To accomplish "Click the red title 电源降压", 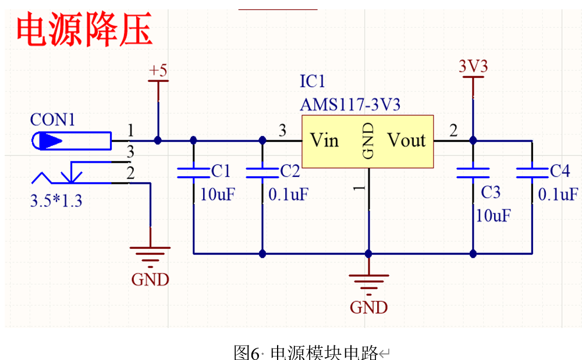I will click(84, 31).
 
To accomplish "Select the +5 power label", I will click(158, 71).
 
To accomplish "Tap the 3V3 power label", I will click(473, 66).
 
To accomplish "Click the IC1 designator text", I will click(312, 81).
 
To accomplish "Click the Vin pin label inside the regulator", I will click(324, 140).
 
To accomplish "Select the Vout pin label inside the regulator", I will click(406, 140).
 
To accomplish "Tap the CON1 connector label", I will click(52, 120).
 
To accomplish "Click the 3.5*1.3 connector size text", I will click(56, 201).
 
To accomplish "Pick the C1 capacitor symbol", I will click(193, 172).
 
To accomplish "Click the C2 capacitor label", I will click(290, 171).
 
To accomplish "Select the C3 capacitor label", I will click(490, 192).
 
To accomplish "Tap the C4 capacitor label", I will click(559, 171).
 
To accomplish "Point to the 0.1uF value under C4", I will click(558, 194).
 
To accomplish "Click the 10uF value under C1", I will click(218, 194).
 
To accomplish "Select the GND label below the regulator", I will click(368, 306).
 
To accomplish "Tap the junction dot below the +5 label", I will click(158, 140).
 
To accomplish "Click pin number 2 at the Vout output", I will click(453, 131).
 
